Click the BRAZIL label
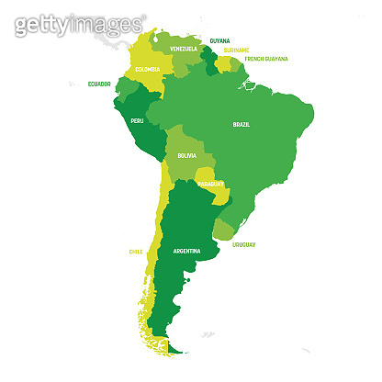[x=242, y=124]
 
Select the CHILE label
[x=135, y=251]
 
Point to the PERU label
[x=137, y=120]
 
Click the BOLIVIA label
[x=186, y=156]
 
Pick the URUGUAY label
[x=243, y=244]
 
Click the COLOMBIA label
[x=147, y=69]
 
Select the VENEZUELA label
[x=183, y=48]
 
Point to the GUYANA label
[x=220, y=41]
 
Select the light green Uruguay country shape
[x=224, y=230]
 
